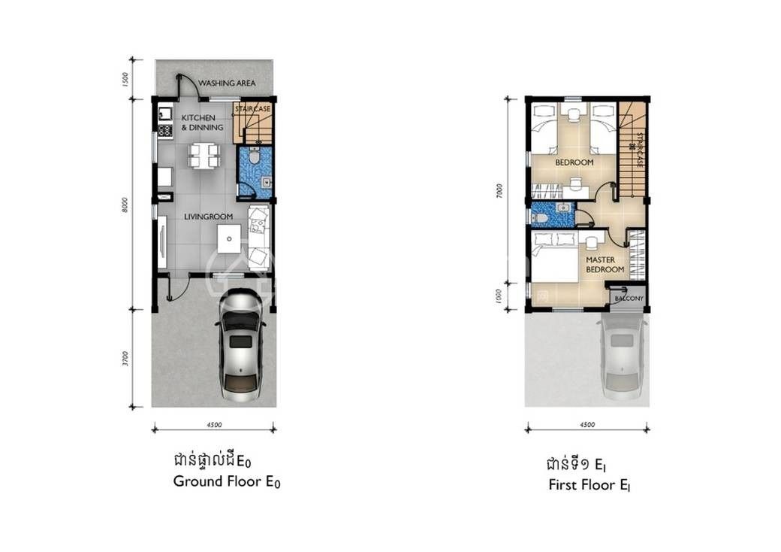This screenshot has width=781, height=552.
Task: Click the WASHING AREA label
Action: pos(227,83)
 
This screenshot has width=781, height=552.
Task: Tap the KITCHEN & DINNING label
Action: pos(202,123)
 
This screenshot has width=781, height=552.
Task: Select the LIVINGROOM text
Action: pos(208,217)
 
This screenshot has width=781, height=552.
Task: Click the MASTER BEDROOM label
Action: pos(605,265)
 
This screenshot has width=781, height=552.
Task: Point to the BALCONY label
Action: pos(629,299)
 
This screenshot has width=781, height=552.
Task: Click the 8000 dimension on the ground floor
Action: pos(125,205)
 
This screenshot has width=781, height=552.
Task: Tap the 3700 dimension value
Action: pos(125,359)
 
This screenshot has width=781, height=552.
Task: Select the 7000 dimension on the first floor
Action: pos(499,191)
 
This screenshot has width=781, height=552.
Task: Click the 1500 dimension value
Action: pos(125,79)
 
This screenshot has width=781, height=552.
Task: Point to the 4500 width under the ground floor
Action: pos(214,425)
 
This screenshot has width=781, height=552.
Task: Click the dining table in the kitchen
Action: pos(204,155)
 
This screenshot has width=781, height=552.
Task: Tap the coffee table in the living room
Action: pos(229,239)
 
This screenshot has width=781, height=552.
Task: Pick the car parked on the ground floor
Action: pos(241,345)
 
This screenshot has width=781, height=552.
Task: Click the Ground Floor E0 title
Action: pos(227,482)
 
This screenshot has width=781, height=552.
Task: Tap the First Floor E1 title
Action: pos(590,484)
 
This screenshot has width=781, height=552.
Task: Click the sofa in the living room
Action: pos(259,237)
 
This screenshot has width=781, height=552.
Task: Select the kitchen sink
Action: pos(165,114)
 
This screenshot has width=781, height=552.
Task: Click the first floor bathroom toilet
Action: pos(539,218)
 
